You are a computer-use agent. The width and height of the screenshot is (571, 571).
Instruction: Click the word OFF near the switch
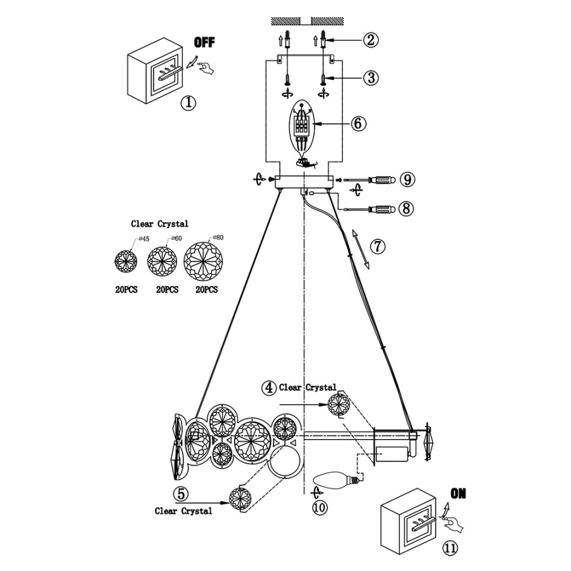(x=204, y=43)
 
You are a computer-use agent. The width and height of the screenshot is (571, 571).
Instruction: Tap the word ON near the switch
(x=458, y=494)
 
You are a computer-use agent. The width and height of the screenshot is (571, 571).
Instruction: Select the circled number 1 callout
(x=188, y=103)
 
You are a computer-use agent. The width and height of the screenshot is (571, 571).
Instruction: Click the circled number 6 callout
(x=358, y=124)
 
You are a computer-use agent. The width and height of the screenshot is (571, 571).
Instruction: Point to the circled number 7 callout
(x=377, y=247)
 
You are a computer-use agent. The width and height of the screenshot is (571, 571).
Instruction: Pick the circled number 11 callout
(x=450, y=548)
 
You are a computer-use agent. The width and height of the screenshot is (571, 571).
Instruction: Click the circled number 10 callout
(x=320, y=508)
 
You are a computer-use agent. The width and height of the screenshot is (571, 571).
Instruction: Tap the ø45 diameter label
(x=144, y=239)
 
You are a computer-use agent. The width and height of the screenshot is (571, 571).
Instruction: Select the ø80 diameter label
(x=218, y=237)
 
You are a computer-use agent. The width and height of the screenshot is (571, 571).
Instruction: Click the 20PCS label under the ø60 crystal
(x=167, y=289)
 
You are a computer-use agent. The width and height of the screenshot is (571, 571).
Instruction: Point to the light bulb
(x=339, y=481)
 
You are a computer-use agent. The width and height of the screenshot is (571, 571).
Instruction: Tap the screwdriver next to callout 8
(x=370, y=209)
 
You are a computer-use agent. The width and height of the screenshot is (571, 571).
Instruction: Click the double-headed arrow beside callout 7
(x=360, y=249)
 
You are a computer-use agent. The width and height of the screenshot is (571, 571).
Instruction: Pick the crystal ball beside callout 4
(x=339, y=404)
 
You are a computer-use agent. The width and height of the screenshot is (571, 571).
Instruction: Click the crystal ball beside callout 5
(x=240, y=498)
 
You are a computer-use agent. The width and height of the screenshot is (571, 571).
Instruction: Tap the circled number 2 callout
(x=371, y=39)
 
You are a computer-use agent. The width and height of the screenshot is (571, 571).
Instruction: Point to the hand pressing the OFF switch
(x=206, y=68)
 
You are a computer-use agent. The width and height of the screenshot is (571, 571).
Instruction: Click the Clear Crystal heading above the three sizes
(x=159, y=223)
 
